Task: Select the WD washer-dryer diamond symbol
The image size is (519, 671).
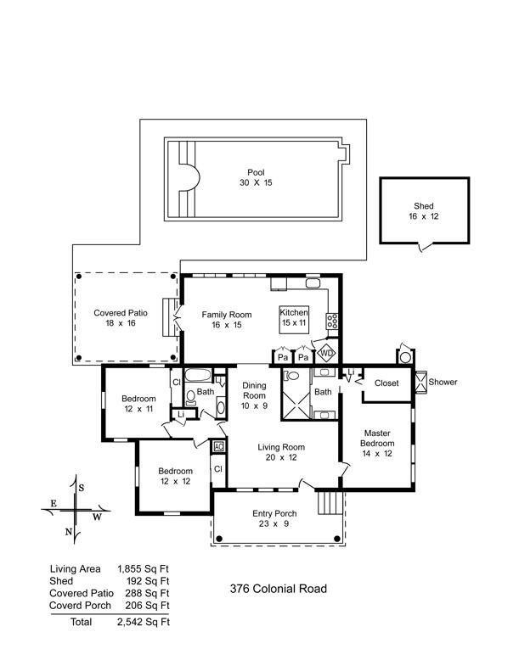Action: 326,354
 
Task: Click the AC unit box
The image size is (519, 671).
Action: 218,446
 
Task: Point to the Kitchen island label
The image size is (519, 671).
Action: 294,317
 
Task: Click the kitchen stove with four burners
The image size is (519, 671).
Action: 332,321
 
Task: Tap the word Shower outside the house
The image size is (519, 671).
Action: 443,382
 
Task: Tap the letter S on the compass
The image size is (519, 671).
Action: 81,488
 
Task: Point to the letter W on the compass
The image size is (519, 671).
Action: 98,517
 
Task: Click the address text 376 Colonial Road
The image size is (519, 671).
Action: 278,589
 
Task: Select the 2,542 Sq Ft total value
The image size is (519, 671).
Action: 144,622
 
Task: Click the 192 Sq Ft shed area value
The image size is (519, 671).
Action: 148,581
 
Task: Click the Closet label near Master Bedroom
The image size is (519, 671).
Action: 386,383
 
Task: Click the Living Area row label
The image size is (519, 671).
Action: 75,569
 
